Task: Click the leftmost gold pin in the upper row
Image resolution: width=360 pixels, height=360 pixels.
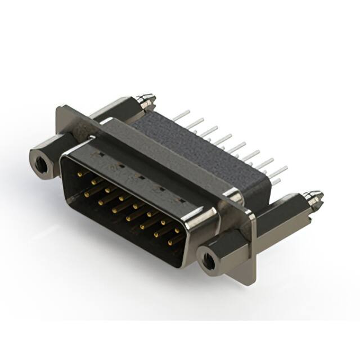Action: [79, 175]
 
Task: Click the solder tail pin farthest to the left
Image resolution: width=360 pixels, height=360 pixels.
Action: [179, 115]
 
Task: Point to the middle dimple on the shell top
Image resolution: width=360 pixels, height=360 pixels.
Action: [137, 176]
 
